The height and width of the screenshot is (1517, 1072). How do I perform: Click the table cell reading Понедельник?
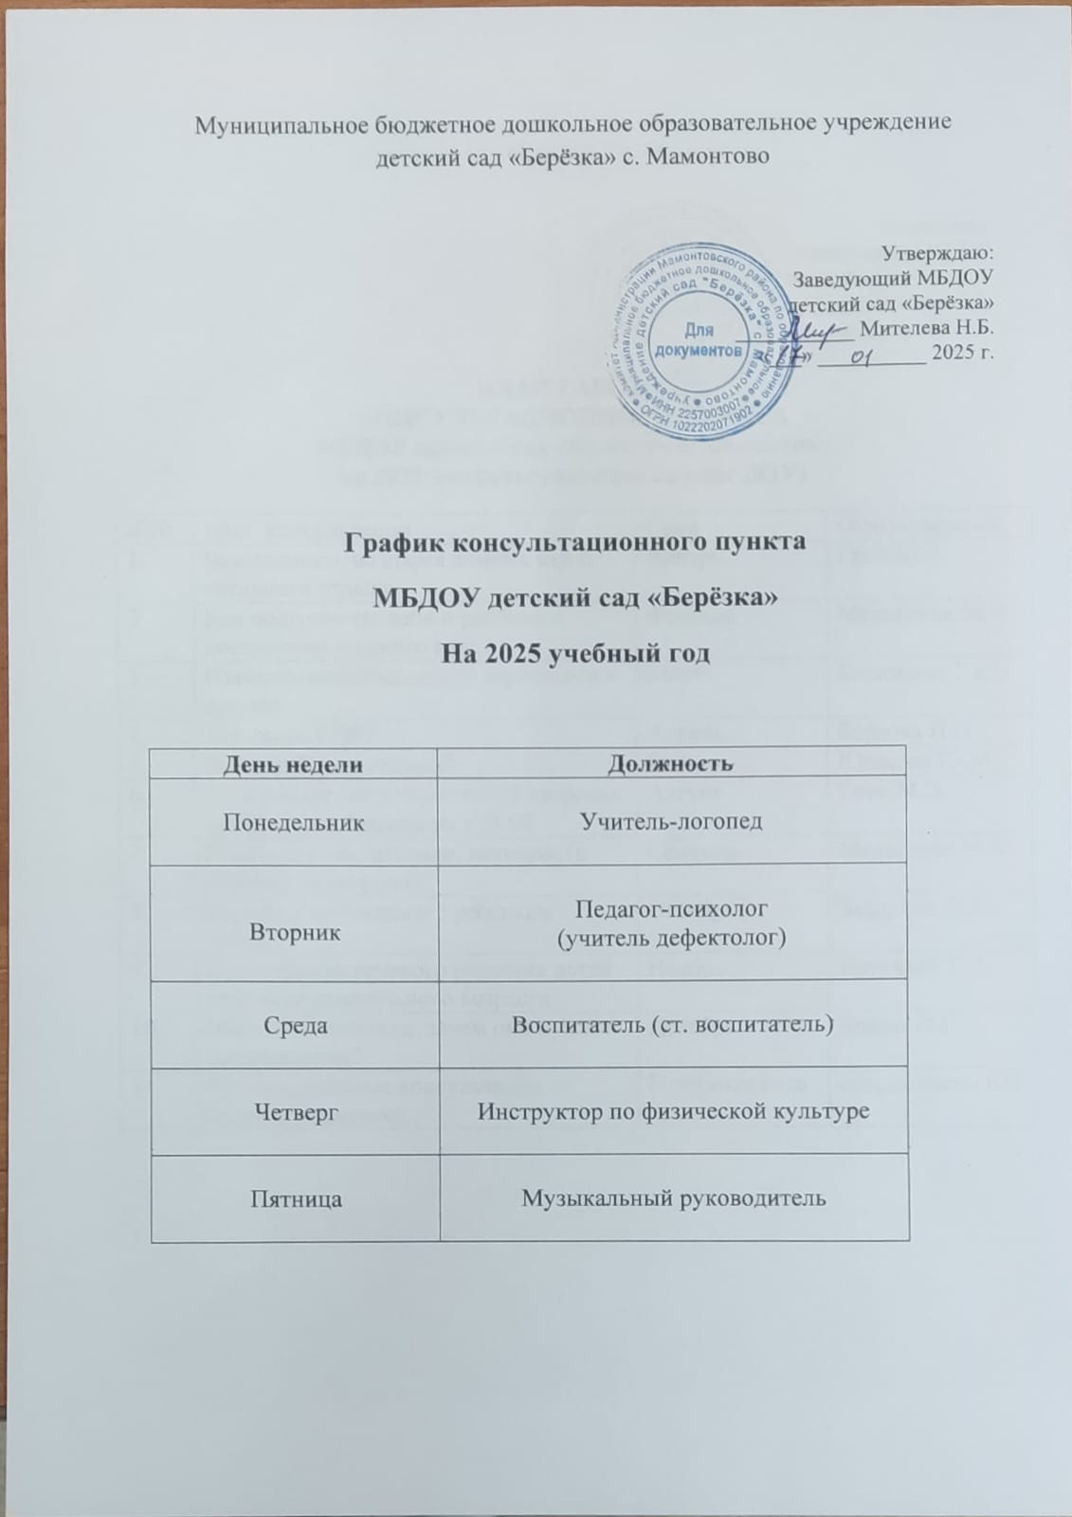pyautogui.click(x=293, y=821)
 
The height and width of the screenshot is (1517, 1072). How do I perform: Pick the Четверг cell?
pyautogui.click(x=293, y=1111)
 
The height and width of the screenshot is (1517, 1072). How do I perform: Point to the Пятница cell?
pyautogui.click(x=293, y=1198)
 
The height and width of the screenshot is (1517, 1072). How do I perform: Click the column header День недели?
pyautogui.click(x=293, y=763)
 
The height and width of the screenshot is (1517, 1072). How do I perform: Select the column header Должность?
pyautogui.click(x=673, y=763)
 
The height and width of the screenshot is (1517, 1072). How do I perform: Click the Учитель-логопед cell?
pyautogui.click(x=673, y=821)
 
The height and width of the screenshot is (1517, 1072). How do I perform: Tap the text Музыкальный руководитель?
pyautogui.click(x=674, y=1198)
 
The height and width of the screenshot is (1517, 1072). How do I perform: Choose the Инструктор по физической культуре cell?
pyautogui.click(x=673, y=1111)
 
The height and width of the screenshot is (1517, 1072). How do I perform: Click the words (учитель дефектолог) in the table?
pyautogui.click(x=673, y=937)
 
